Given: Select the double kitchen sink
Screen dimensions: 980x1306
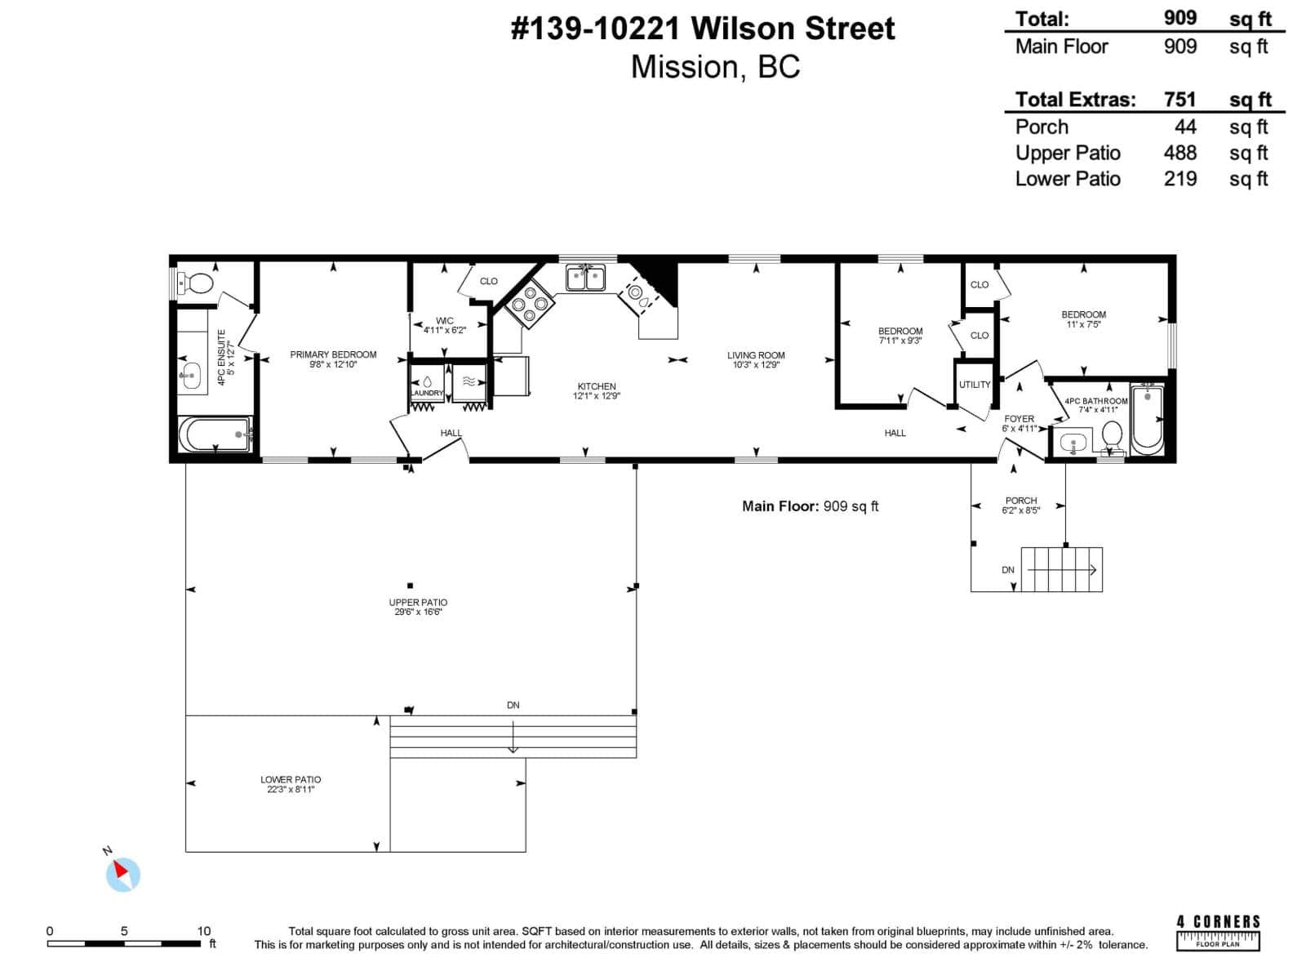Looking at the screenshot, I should pyautogui.click(x=586, y=278).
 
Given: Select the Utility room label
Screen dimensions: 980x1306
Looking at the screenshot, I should pyautogui.click(x=975, y=385).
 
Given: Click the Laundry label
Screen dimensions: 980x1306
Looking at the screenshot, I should pyautogui.click(x=427, y=393).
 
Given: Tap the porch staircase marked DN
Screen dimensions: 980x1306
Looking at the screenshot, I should pyautogui.click(x=1061, y=569).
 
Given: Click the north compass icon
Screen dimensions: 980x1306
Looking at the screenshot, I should pyautogui.click(x=123, y=874).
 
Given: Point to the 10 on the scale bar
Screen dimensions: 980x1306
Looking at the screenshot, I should pyautogui.click(x=204, y=931).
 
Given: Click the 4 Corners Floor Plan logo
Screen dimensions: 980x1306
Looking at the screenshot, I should pyautogui.click(x=1218, y=933).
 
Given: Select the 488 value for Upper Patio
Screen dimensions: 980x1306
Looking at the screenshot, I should pyautogui.click(x=1180, y=153).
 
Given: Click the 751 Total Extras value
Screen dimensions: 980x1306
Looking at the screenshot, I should pyautogui.click(x=1180, y=100).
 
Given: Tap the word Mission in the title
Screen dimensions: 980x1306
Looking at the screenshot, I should pyautogui.click(x=685, y=67).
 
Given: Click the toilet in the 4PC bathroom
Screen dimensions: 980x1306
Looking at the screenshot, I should pyautogui.click(x=1112, y=436).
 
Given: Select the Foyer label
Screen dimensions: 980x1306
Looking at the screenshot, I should pyautogui.click(x=1019, y=419).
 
